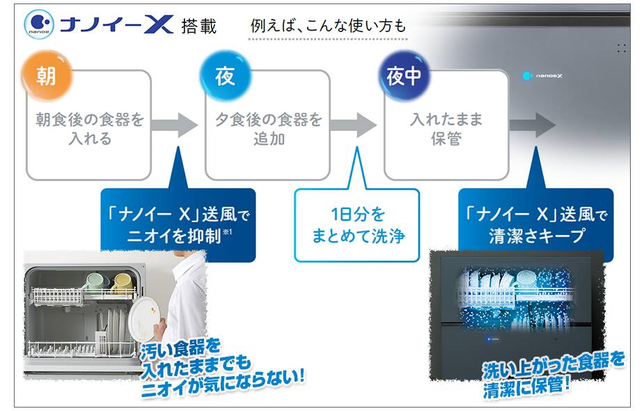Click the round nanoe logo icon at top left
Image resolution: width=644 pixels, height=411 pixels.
(x=39, y=24)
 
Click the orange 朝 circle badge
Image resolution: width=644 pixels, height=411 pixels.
(x=47, y=76)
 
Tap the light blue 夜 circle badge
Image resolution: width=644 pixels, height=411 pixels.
(x=225, y=76)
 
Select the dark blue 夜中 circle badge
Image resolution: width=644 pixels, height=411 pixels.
(x=404, y=76)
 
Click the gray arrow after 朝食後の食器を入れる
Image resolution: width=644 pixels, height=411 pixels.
(x=174, y=125)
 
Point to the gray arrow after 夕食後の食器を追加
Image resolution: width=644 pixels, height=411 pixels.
(x=353, y=125)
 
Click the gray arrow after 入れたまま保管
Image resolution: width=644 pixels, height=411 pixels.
(x=533, y=125)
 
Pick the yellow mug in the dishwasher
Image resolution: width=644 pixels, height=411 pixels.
(x=122, y=284)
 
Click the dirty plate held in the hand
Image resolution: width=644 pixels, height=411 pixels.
(x=142, y=319)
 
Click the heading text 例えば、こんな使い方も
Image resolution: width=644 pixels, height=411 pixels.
(x=328, y=26)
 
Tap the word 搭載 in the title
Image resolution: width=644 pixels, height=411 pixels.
(x=199, y=26)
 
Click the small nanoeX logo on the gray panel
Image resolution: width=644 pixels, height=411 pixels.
(x=542, y=76)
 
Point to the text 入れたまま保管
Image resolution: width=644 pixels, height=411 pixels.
(x=446, y=129)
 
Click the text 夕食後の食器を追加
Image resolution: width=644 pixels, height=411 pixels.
(x=269, y=129)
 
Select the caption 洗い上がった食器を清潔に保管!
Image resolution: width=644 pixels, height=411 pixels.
(x=552, y=375)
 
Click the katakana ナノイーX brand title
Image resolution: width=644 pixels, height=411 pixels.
(x=117, y=25)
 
